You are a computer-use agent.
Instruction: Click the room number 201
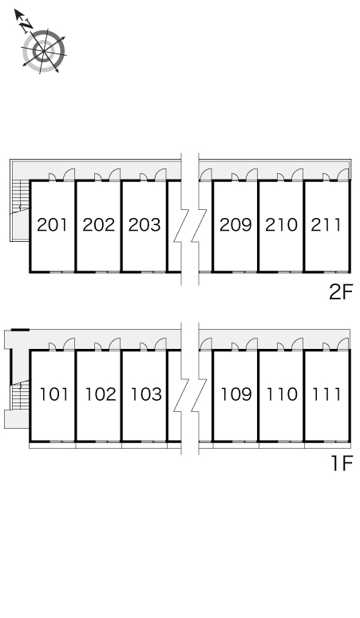tap(53, 224)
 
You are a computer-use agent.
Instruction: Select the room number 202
tap(98, 224)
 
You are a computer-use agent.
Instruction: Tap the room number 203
tap(144, 224)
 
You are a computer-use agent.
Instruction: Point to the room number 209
tap(235, 224)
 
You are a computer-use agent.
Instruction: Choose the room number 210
tap(281, 224)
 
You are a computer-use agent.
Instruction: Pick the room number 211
tap(326, 224)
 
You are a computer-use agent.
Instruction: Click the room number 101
tap(54, 394)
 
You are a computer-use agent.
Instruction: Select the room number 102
tap(101, 394)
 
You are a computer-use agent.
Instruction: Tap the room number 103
tap(146, 394)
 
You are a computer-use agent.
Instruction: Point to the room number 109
tap(236, 394)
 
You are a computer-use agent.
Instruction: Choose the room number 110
tap(282, 394)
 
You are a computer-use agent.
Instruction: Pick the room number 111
tap(326, 394)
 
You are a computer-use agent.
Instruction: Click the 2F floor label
tap(340, 292)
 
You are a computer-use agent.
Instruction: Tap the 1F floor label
tap(341, 463)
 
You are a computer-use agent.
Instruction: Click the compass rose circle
tap(44, 51)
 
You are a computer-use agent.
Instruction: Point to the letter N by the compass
tap(26, 26)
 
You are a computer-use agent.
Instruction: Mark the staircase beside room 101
tap(21, 395)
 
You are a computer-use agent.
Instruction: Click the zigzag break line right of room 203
tap(181, 219)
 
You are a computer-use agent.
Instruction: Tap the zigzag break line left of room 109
tap(199, 219)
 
